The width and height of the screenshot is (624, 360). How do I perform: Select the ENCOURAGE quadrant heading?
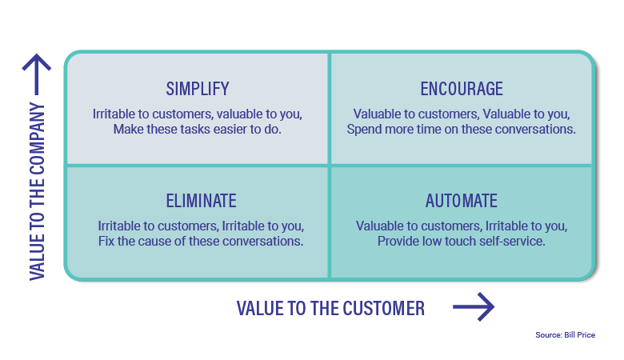point(462,88)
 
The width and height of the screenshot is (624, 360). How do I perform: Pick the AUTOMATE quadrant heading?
point(462,201)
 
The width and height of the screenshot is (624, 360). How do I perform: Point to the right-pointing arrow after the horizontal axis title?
point(474,307)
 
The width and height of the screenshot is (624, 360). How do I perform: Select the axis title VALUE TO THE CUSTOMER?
point(330,308)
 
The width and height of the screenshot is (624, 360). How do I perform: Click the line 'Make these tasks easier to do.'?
point(197,129)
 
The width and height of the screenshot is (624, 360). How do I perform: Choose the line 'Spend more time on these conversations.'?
point(462,129)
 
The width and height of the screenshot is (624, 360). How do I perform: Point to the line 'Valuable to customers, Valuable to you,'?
point(462,114)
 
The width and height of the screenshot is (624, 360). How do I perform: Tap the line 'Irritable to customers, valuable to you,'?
point(197,114)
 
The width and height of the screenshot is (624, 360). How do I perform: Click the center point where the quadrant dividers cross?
point(329,166)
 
